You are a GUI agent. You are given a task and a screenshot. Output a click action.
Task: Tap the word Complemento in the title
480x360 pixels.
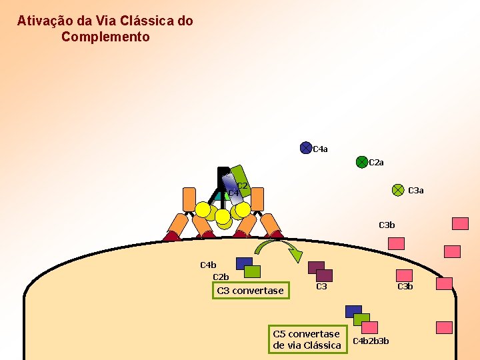coord(105,37)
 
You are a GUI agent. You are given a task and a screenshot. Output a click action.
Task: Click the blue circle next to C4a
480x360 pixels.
coord(305,148)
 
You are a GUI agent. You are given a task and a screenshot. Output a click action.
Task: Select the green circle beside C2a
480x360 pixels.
coord(361,162)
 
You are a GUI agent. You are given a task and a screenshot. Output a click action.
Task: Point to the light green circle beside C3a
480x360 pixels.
coord(397,190)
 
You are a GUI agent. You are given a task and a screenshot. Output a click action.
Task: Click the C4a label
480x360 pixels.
coord(320,149)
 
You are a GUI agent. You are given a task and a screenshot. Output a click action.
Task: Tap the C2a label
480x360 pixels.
coord(376,163)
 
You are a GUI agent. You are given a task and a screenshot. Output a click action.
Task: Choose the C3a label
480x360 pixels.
coord(415,191)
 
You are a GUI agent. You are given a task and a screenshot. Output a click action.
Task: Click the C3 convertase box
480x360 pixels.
coord(251,291)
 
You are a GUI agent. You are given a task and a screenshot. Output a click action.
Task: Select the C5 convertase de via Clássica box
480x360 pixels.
coord(307,339)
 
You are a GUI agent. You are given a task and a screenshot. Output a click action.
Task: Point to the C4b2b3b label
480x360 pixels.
coord(371,342)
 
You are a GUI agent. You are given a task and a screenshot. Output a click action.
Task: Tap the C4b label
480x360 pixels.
coord(208,265)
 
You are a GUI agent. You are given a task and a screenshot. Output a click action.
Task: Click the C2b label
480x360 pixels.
coord(221,277)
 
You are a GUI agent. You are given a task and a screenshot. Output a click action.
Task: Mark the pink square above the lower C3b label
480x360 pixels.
coord(404,275)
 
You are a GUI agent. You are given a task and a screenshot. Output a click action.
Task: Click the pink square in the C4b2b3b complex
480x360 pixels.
coord(369,327)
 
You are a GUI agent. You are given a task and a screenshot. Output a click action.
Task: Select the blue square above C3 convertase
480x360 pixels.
coord(244,263)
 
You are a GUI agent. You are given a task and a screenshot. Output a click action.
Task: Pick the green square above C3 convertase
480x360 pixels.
coord(252,271)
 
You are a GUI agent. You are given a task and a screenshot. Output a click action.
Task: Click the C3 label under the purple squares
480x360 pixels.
coord(321,287)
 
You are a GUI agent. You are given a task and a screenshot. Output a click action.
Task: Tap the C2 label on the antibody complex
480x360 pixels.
coord(242,186)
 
